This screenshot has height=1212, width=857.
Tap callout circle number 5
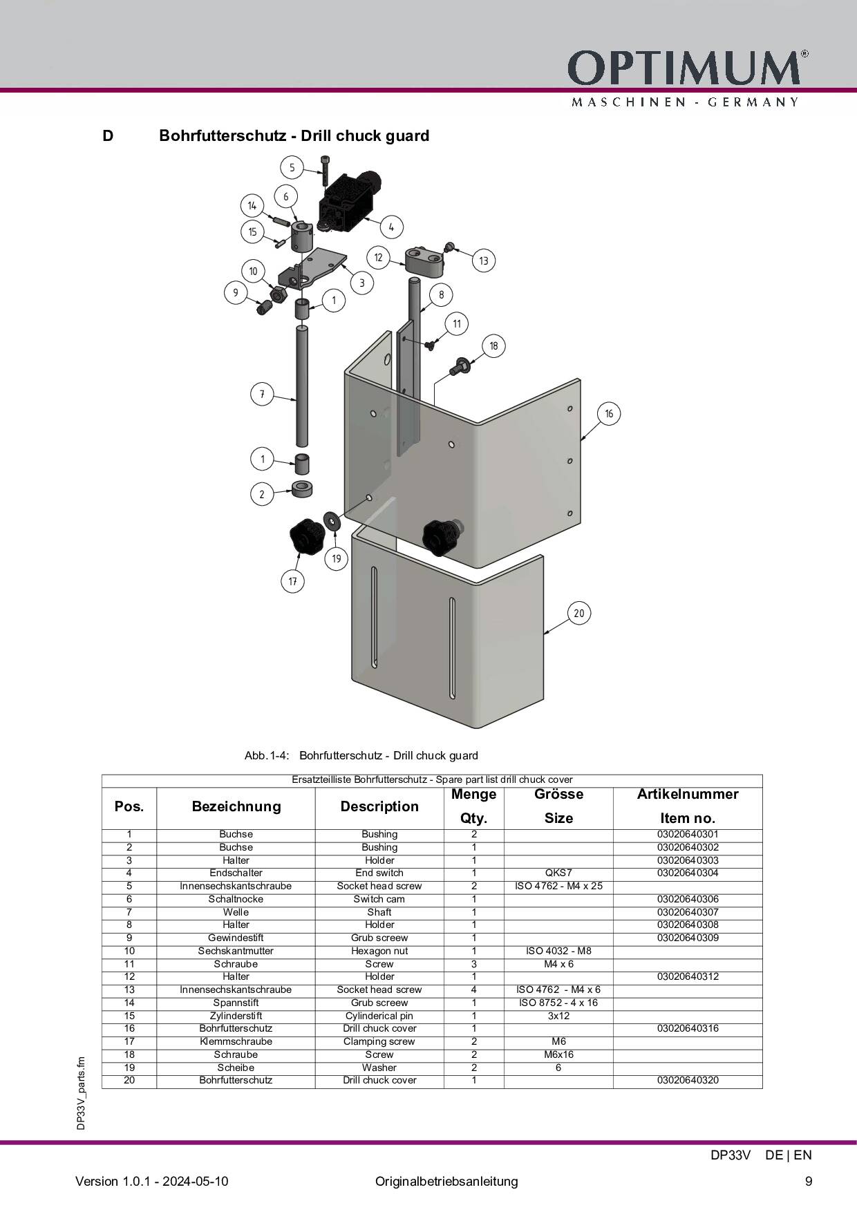tap(292, 167)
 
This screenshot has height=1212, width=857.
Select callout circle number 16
tap(609, 413)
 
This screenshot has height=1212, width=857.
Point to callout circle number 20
tap(579, 613)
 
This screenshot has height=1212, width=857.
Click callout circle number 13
tap(483, 261)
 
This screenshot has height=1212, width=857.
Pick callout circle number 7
tap(262, 395)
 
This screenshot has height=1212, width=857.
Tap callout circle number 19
tap(337, 558)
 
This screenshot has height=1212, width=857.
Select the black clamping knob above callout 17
tap(306, 537)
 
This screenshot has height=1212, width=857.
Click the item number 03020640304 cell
tap(688, 873)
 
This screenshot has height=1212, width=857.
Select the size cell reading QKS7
tap(558, 873)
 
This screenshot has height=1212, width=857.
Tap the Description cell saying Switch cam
tap(379, 899)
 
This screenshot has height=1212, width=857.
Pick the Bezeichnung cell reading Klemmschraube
tap(236, 1041)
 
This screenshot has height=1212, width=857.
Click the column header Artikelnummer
tap(688, 794)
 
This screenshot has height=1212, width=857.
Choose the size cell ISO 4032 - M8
tap(558, 951)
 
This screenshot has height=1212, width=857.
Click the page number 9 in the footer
tap(809, 1181)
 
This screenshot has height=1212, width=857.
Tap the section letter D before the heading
tap(108, 135)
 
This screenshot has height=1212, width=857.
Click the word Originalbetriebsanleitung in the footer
tap(446, 1181)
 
